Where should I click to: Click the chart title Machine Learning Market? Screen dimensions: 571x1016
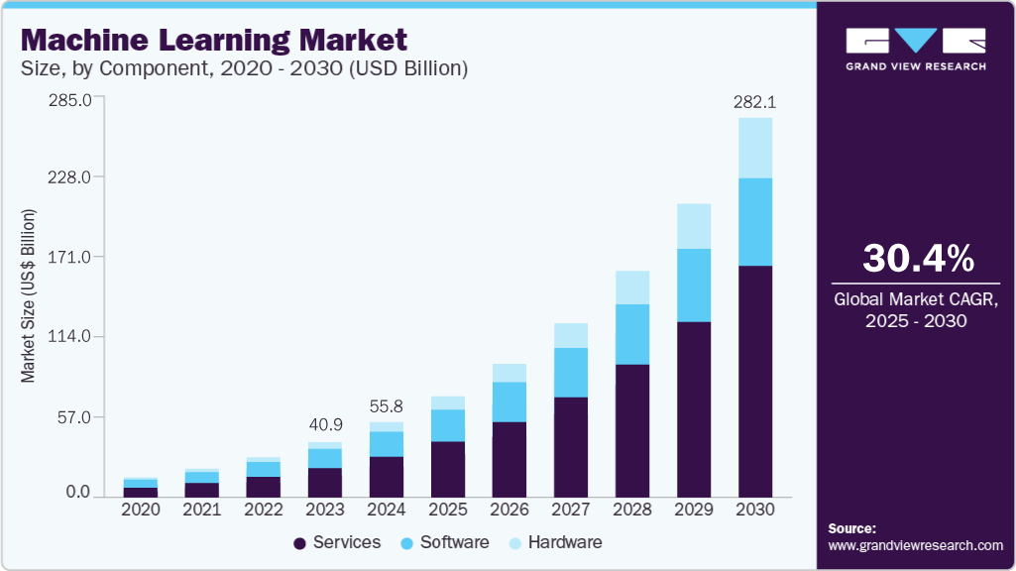tap(214, 41)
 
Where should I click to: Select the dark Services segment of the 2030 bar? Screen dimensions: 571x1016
tap(755, 381)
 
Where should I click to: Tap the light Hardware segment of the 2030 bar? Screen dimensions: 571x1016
tap(755, 148)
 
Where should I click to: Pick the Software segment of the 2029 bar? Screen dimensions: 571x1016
tap(694, 285)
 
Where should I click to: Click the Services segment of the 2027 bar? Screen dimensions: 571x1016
tap(571, 446)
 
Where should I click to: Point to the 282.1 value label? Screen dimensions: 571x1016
tap(754, 102)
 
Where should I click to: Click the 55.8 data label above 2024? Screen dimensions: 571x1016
tap(386, 406)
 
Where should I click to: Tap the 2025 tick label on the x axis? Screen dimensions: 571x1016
tap(447, 510)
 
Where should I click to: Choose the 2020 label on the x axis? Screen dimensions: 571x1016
tap(140, 510)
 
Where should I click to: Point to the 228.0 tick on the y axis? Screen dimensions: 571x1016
tap(70, 177)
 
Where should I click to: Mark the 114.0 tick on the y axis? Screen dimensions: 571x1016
tap(70, 337)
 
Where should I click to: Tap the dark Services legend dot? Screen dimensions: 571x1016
tap(299, 543)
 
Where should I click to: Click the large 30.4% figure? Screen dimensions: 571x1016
tap(918, 259)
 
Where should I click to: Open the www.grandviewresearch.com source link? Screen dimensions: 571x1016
tap(915, 545)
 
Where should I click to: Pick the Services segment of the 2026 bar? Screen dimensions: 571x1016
tap(509, 459)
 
